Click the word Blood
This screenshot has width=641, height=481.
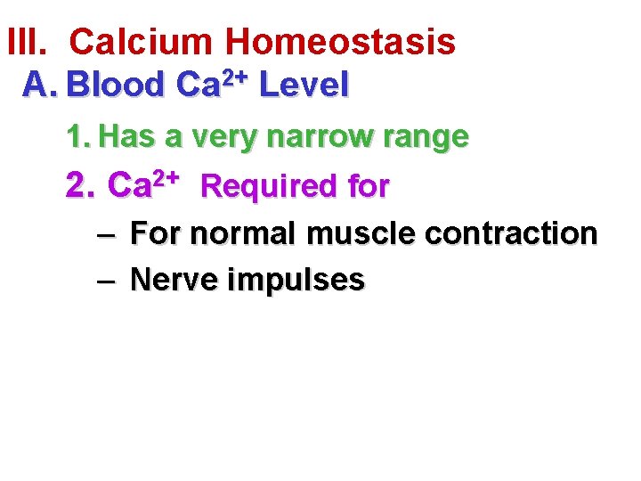coord(116,85)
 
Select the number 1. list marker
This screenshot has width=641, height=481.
coord(78,137)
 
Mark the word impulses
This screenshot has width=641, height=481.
coord(296,281)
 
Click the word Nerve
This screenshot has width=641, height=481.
coord(174,280)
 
